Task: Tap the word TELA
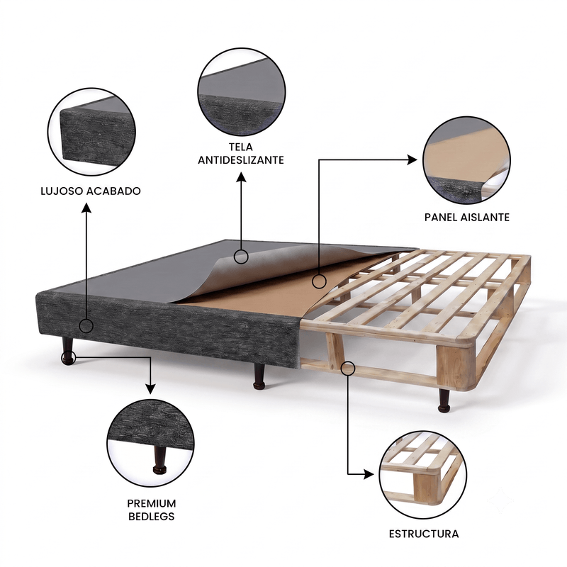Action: point(240,147)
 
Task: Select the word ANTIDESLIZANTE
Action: point(241,160)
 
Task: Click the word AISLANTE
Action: point(485,218)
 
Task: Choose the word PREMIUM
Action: point(152,503)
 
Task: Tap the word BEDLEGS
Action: point(152,517)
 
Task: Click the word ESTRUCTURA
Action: point(424,534)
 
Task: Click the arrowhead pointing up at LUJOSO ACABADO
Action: point(86,208)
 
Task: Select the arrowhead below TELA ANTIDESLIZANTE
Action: point(241,176)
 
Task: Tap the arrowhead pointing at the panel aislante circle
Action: point(412,159)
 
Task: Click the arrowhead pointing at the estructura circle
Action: point(369,474)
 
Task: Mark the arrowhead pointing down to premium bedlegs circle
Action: point(150,388)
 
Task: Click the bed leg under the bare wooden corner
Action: point(444,400)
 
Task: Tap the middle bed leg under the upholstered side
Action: point(259,376)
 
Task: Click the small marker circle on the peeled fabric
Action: point(241,257)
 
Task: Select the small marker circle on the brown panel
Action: point(319,281)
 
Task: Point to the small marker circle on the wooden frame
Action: point(348,369)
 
